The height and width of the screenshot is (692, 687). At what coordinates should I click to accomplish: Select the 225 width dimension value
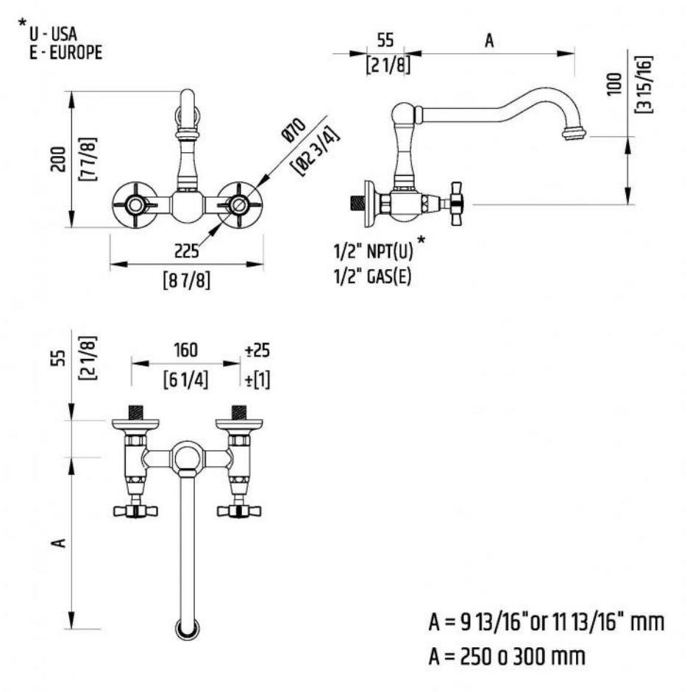(187, 252)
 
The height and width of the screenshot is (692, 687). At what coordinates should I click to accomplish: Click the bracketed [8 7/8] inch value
(187, 280)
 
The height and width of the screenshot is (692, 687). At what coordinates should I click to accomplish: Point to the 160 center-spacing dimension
(185, 348)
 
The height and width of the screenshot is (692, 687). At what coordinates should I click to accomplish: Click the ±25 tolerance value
(257, 348)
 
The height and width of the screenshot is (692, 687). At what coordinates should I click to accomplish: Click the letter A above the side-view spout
(488, 41)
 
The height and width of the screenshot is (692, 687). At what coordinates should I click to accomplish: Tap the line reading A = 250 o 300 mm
(508, 654)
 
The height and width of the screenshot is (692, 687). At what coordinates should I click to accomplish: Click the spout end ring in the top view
(185, 629)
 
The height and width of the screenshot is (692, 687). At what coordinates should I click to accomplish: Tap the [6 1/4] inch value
(185, 380)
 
